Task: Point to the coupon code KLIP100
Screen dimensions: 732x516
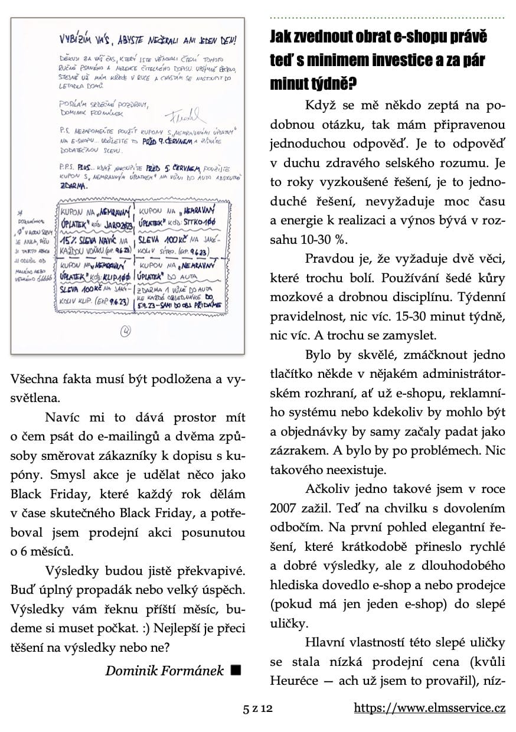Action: [117, 275]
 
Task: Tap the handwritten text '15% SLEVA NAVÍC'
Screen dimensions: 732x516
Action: [89, 242]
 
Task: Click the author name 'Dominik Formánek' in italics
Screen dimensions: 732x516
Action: [165, 671]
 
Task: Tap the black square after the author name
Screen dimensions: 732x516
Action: [236, 670]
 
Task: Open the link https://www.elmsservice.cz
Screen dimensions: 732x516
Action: [430, 708]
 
